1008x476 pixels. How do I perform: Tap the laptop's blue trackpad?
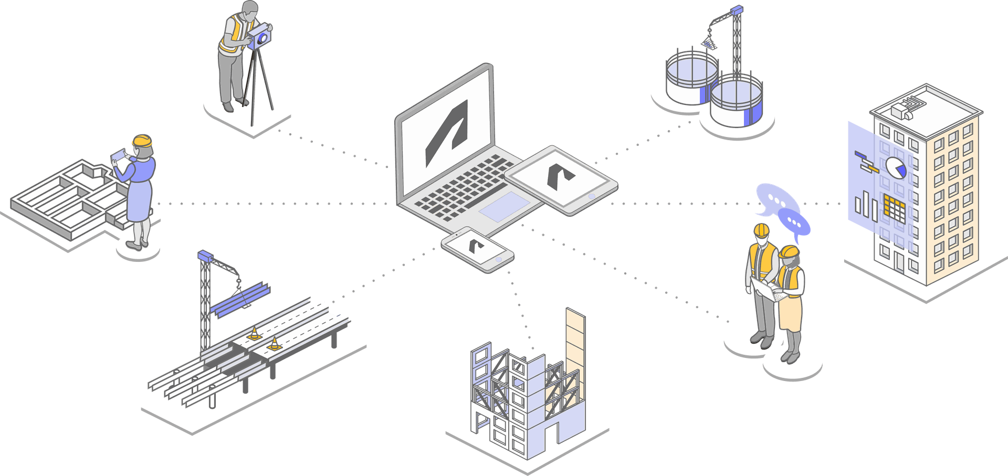coord(503,206)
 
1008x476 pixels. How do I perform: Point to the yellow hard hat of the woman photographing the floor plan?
coord(142,141)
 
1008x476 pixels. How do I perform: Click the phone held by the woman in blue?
coord(119,155)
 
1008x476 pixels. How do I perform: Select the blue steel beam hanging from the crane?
coord(241,300)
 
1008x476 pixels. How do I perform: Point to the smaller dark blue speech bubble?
coord(794,222)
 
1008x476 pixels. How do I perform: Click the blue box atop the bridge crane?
coord(205,256)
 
